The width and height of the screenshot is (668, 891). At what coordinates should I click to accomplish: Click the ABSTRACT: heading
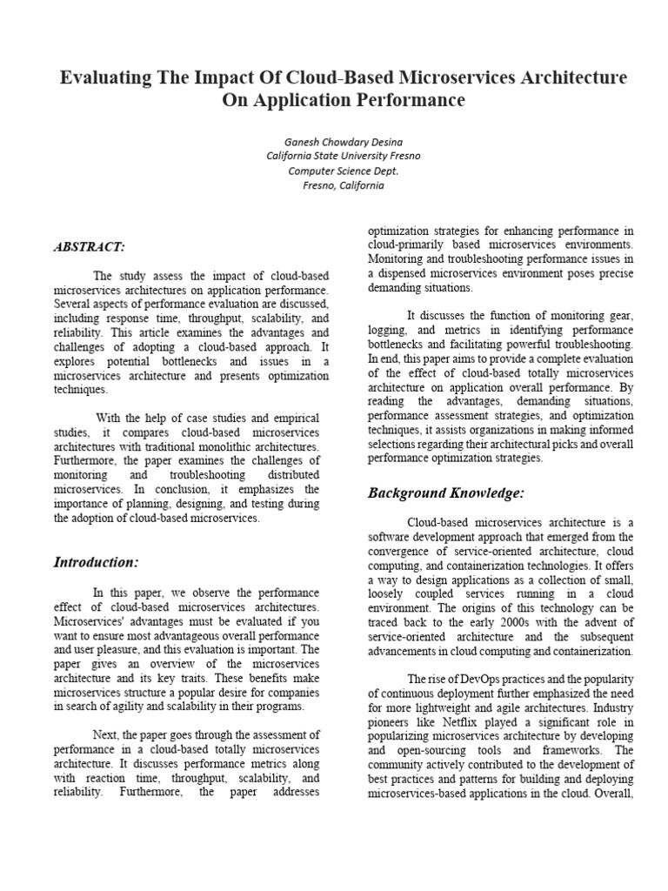(x=89, y=247)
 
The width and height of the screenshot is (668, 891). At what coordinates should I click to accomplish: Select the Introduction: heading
(x=96, y=561)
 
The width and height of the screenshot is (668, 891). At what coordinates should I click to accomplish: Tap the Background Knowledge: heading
(x=445, y=493)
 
